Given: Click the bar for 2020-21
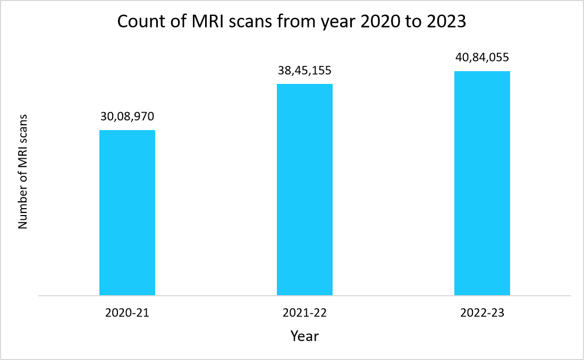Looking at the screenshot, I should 127,212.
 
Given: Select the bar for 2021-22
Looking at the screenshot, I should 304,190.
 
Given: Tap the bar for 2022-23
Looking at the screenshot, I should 482,183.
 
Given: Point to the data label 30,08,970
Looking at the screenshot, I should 127,116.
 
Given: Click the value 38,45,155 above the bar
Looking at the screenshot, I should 304,70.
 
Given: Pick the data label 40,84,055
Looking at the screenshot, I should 482,57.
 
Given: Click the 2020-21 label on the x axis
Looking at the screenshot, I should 127,313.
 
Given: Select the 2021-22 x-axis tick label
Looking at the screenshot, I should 304,313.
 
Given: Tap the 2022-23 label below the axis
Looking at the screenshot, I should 482,313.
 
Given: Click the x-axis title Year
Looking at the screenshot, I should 304,336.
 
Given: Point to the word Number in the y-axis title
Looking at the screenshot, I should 22,208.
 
